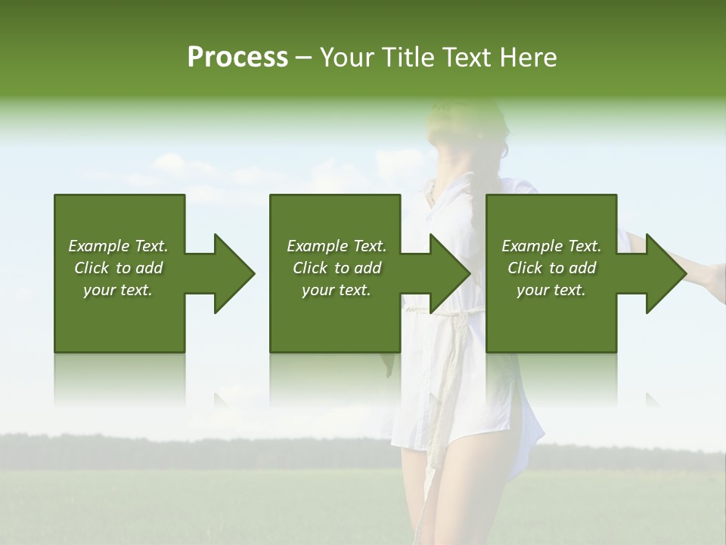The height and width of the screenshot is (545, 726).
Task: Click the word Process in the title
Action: [237, 58]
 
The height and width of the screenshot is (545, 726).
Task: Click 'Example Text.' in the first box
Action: [118, 246]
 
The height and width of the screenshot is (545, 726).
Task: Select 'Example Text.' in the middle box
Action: [336, 246]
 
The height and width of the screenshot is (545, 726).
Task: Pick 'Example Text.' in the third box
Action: [551, 246]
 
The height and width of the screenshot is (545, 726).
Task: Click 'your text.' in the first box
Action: [118, 290]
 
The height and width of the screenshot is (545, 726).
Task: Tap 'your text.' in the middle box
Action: [336, 290]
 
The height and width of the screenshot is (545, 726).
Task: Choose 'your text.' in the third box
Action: [551, 290]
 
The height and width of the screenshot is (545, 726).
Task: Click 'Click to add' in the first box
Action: [118, 268]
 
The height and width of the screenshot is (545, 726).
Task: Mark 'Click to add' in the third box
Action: [551, 268]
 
